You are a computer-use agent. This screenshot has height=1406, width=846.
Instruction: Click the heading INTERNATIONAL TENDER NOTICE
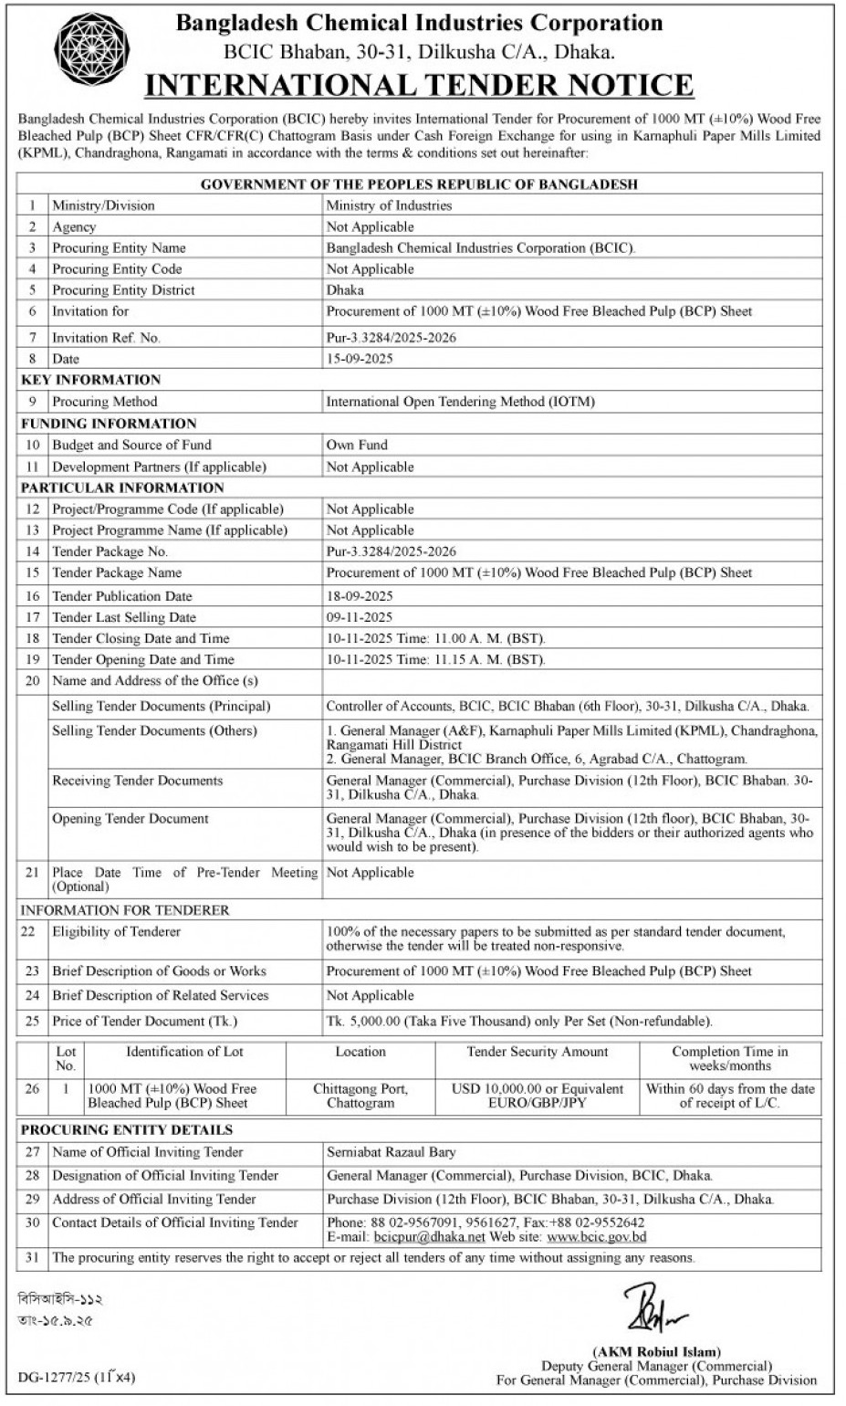point(420,85)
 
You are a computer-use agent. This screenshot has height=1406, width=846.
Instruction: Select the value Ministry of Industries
point(389,205)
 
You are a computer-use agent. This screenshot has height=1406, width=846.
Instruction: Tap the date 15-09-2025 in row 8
point(360,359)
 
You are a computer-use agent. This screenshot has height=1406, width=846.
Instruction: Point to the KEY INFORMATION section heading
point(90,380)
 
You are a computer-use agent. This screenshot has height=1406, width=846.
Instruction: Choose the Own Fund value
point(357,445)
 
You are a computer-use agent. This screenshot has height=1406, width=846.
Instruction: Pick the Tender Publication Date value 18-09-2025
point(360,595)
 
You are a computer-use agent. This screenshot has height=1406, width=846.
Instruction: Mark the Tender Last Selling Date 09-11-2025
point(360,617)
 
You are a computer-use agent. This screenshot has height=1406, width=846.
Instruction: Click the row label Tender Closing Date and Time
point(141,638)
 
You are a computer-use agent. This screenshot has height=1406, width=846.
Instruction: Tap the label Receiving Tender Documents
point(137,781)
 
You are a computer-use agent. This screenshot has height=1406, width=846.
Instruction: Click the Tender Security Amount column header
point(537,1052)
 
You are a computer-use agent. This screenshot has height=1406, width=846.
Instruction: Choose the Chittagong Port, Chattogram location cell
point(360,1096)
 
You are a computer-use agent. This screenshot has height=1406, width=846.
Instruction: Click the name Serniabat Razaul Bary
point(391,1152)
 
